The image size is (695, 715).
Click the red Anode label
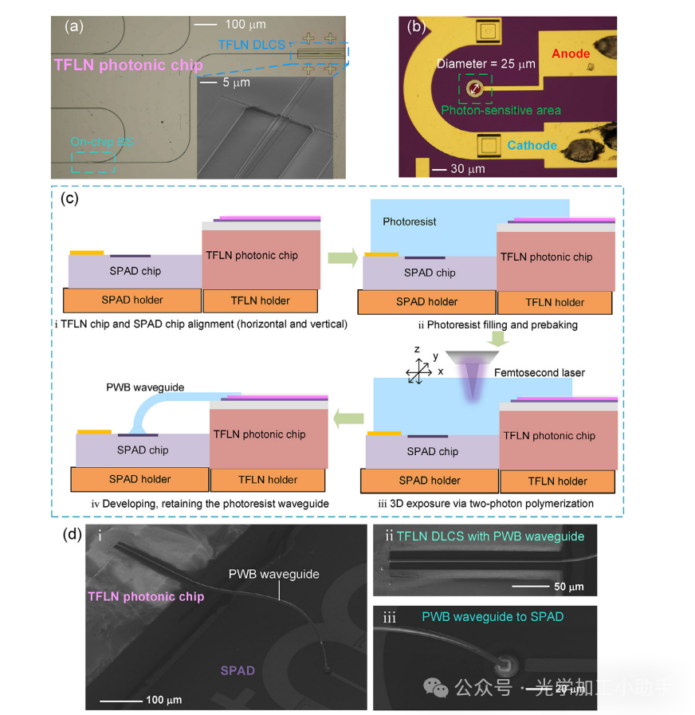[x=571, y=54]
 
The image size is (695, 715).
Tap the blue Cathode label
[x=532, y=145]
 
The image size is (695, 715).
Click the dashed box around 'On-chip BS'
[x=92, y=161]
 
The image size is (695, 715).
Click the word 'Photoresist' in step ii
[x=410, y=222]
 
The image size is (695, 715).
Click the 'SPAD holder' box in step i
[x=132, y=300]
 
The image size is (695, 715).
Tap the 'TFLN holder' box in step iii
[x=557, y=481]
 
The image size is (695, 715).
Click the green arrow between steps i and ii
[x=341, y=257]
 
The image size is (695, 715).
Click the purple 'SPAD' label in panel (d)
[x=237, y=670]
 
